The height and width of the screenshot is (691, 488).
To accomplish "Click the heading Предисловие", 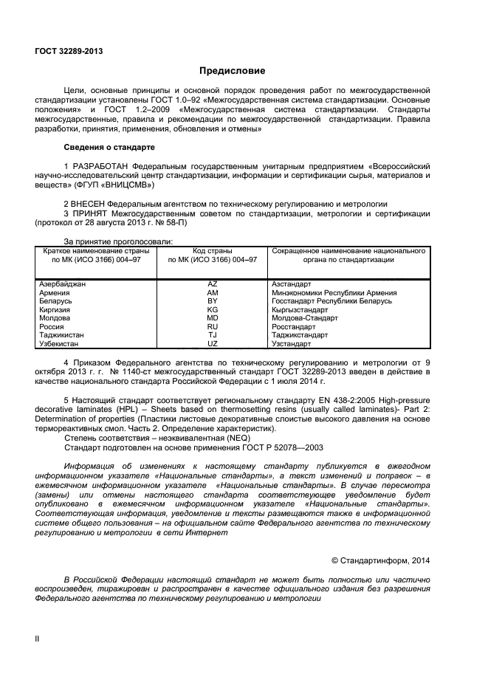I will click(x=232, y=71).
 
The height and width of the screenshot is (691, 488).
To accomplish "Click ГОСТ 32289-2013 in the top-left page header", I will click(x=69, y=50).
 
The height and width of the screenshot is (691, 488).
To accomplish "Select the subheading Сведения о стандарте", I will click(x=109, y=146).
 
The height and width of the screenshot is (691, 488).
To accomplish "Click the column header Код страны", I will click(x=213, y=251).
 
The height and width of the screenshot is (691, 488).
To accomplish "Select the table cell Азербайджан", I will click(x=62, y=284).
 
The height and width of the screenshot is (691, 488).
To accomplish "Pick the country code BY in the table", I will click(x=213, y=301).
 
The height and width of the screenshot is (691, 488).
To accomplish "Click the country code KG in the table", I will click(x=213, y=310).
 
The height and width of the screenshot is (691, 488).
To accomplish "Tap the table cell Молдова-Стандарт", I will click(x=305, y=318).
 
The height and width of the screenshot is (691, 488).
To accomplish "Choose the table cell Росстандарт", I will click(x=294, y=326).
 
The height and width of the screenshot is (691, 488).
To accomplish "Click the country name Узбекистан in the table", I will click(x=60, y=343).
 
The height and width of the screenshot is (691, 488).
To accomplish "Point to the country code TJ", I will click(x=213, y=335).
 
